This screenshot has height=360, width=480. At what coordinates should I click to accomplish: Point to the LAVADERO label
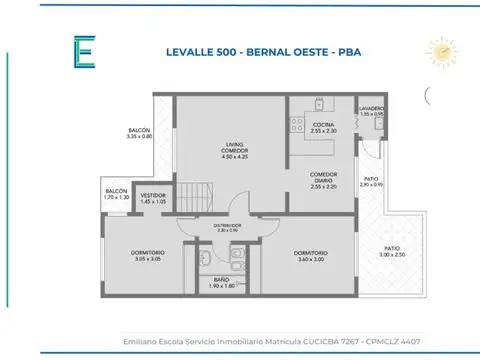pyautogui.click(x=372, y=108)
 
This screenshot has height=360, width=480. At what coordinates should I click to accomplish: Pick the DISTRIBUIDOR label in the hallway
pyautogui.click(x=227, y=226)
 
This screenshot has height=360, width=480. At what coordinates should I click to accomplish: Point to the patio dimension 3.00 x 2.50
pyautogui.click(x=393, y=255)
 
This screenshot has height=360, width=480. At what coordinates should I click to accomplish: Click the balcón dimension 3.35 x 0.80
pyautogui.click(x=140, y=136)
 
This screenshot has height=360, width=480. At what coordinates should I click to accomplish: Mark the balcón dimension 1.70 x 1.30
pyautogui.click(x=116, y=197)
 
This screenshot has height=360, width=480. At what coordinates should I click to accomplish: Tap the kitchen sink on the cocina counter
pyautogui.click(x=318, y=103)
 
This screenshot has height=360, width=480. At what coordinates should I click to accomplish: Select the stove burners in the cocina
pyautogui.click(x=296, y=124)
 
